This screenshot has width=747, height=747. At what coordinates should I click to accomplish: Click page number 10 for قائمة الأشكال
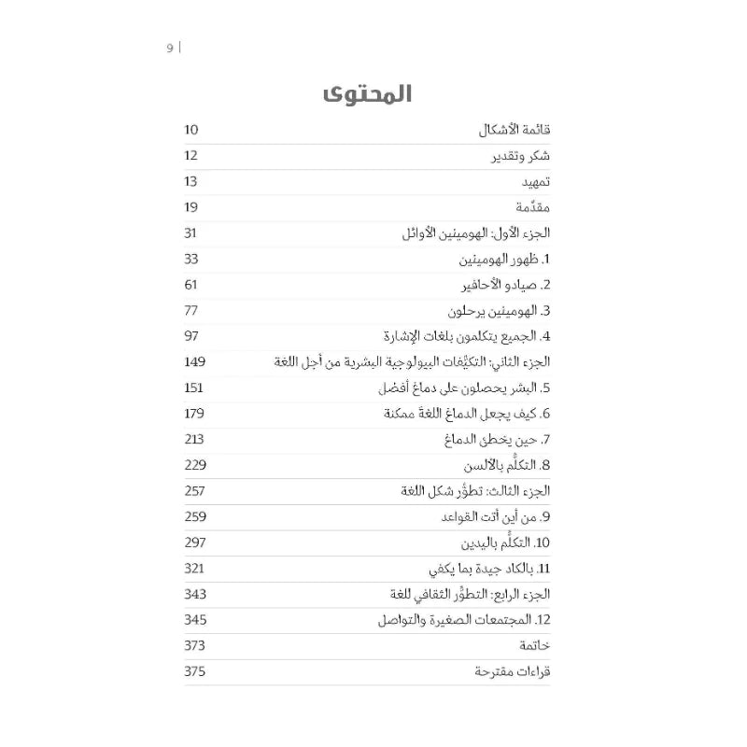tap(191, 132)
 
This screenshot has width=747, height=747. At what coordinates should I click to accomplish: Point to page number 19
tap(191, 207)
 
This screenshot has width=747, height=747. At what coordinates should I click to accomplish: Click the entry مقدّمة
tap(529, 207)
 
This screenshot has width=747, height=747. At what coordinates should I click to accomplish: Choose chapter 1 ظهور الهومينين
tap(500, 259)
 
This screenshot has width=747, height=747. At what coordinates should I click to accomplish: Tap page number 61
tap(191, 284)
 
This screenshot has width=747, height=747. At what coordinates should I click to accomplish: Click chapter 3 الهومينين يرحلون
tap(494, 310)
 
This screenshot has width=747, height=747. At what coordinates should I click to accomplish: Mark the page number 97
tap(192, 335)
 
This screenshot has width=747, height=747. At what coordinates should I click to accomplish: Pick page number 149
tap(195, 361)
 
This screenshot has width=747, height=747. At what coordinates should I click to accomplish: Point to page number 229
tap(195, 464)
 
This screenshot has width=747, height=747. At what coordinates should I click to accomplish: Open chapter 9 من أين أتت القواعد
tap(493, 515)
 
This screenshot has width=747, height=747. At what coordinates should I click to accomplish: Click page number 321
tap(195, 567)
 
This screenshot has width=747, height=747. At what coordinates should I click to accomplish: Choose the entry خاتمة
tap(532, 645)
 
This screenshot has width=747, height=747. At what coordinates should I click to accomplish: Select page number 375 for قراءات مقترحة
tap(195, 670)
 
